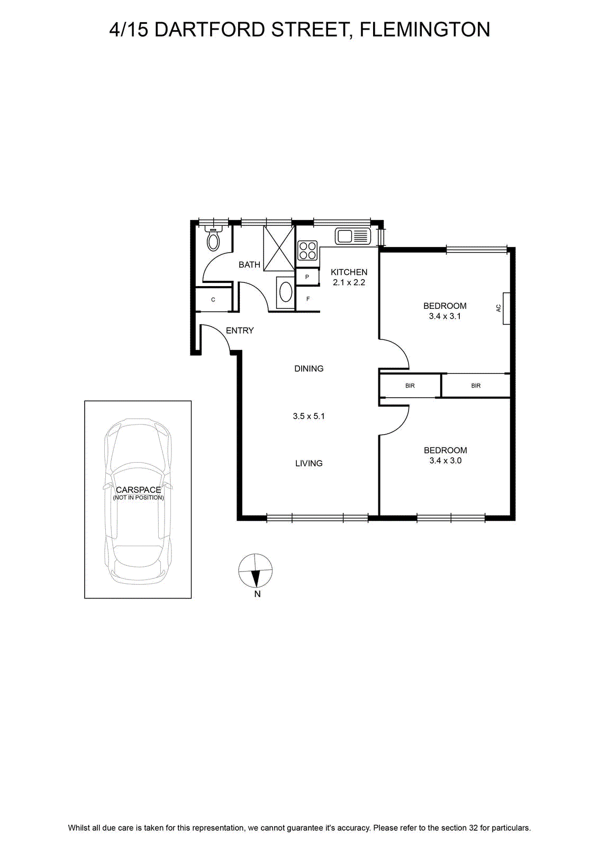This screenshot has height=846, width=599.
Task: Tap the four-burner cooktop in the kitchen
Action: coord(307,251)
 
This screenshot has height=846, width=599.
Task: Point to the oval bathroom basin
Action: coord(285,293)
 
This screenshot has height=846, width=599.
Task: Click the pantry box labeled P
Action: coord(307,277)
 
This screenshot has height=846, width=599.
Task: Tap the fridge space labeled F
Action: coord(307,299)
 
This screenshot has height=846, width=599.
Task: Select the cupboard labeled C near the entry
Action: coord(213,299)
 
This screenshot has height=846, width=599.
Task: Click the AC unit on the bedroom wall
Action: coord(506,308)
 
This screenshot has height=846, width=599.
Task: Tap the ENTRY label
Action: coord(240,330)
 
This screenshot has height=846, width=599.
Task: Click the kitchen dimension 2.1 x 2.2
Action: coord(349,282)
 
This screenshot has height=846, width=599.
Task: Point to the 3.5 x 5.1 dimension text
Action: coord(308,416)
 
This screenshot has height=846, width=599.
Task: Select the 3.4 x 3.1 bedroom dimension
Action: coord(445,316)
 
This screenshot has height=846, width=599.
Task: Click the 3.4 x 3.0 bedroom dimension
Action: coord(445,461)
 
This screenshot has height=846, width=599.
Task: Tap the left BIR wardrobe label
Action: coord(410,385)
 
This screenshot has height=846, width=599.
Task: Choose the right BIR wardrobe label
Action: coord(476,385)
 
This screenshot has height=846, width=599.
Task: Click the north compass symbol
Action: coord(256,571)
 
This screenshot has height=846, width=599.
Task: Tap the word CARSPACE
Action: coord(138,490)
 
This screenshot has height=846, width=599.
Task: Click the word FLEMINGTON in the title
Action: coord(425,30)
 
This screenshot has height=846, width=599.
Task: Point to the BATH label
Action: coord(249,265)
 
